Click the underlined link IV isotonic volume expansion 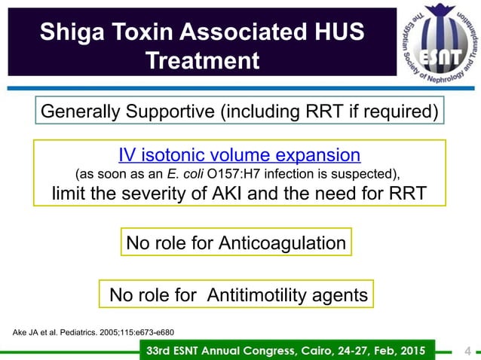tap(239, 155)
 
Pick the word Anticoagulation tap(282, 243)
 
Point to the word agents tap(339, 295)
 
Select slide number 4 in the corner tap(467, 350)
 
